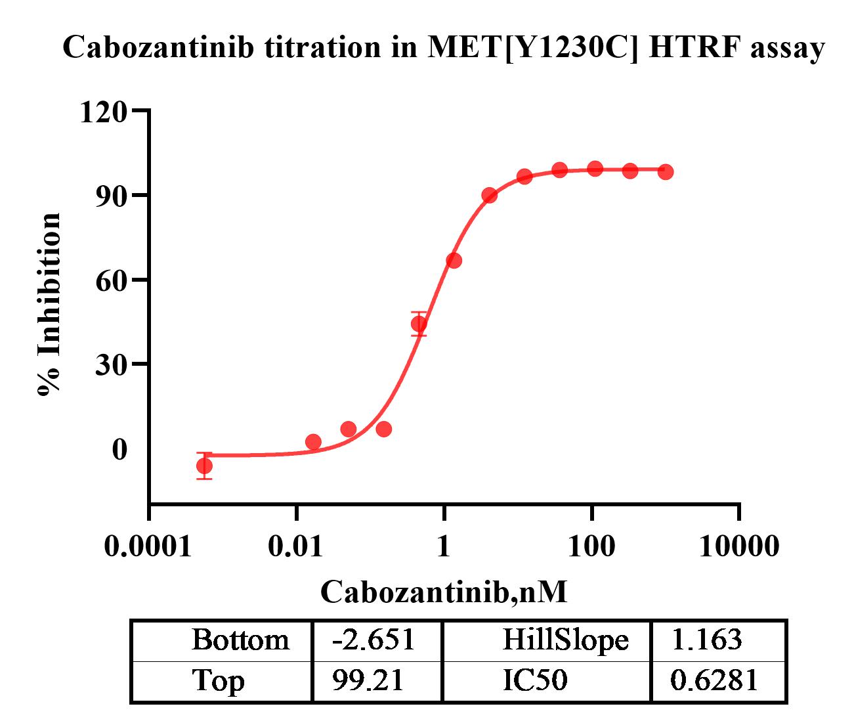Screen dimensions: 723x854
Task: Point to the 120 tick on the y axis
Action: click(x=103, y=112)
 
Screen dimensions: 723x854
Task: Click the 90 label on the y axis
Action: click(x=111, y=196)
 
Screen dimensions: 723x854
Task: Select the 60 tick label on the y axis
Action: click(x=111, y=280)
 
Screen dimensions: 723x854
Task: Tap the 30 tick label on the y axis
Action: click(x=111, y=364)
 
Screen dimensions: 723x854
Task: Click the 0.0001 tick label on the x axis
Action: click(x=149, y=546)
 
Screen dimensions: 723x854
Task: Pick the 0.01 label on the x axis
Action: click(x=297, y=546)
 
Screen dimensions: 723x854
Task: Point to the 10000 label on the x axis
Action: click(x=739, y=546)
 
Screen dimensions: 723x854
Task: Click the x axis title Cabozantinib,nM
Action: click(x=444, y=592)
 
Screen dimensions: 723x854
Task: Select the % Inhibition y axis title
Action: click(x=50, y=304)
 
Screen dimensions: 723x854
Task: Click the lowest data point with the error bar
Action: click(x=204, y=466)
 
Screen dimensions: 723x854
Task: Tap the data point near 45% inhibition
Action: click(x=419, y=324)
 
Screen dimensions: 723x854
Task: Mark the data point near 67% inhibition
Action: click(x=454, y=261)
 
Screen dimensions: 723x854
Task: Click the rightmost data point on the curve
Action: click(x=666, y=172)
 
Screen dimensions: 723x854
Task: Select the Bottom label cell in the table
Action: click(x=240, y=640)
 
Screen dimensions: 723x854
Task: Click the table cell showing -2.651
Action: click(x=374, y=640)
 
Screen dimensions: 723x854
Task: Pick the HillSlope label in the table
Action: click(x=565, y=640)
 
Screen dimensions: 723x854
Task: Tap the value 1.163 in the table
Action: click(x=706, y=640)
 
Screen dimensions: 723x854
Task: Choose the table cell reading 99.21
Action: click(x=368, y=681)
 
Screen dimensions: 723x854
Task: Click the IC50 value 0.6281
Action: click(x=714, y=681)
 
